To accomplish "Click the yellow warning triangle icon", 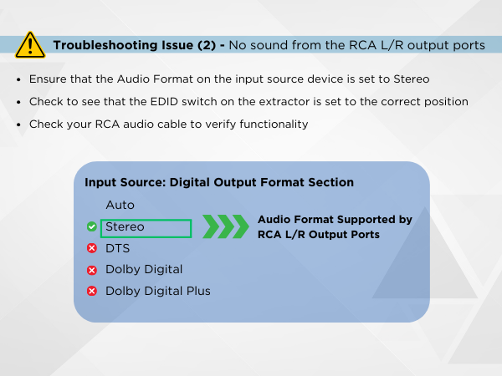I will [30, 44].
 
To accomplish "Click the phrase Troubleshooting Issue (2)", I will [138, 44].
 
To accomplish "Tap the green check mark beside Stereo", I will [91, 226].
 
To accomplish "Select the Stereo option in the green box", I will [125, 226].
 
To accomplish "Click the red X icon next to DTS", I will [91, 248].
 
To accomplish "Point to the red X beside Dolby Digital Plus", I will [91, 292].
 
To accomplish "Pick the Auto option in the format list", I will [120, 205].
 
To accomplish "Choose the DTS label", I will [117, 248].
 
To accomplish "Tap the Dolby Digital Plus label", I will [157, 292].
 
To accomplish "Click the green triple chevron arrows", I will [225, 226].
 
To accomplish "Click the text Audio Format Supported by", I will [335, 219].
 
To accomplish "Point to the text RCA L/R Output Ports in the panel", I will [319, 235].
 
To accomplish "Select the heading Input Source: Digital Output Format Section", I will [219, 182].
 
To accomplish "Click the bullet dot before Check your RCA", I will [18, 124].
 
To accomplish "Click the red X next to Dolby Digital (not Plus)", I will [91, 270].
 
